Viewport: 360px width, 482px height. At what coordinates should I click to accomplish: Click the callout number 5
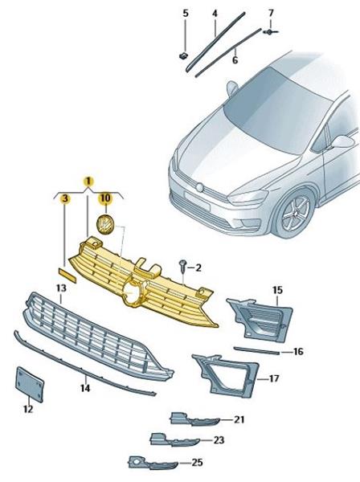(186, 13)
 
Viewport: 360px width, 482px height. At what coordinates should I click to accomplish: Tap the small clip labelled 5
(183, 55)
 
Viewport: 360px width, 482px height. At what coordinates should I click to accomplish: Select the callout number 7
(271, 13)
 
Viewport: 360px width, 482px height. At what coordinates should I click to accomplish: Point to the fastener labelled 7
(270, 31)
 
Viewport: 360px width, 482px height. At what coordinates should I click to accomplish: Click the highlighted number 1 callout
(88, 182)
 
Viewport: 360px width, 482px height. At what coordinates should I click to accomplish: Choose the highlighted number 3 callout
(65, 198)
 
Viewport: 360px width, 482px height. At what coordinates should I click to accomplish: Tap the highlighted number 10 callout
(105, 198)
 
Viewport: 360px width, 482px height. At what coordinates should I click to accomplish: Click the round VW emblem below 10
(104, 224)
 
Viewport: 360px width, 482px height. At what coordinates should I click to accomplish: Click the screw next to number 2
(182, 265)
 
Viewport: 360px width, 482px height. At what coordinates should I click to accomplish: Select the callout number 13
(61, 288)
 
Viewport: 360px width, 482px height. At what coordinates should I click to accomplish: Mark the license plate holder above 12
(30, 384)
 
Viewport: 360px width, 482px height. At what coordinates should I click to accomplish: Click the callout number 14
(85, 388)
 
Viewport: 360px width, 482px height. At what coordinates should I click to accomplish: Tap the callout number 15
(277, 289)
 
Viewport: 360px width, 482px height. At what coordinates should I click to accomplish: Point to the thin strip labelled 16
(256, 351)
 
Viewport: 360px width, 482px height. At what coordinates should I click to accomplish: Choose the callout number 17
(273, 378)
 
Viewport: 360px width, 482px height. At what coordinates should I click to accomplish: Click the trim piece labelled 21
(195, 419)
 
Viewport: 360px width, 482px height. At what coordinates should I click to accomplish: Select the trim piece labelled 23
(174, 440)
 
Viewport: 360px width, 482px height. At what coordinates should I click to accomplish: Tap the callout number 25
(197, 462)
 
